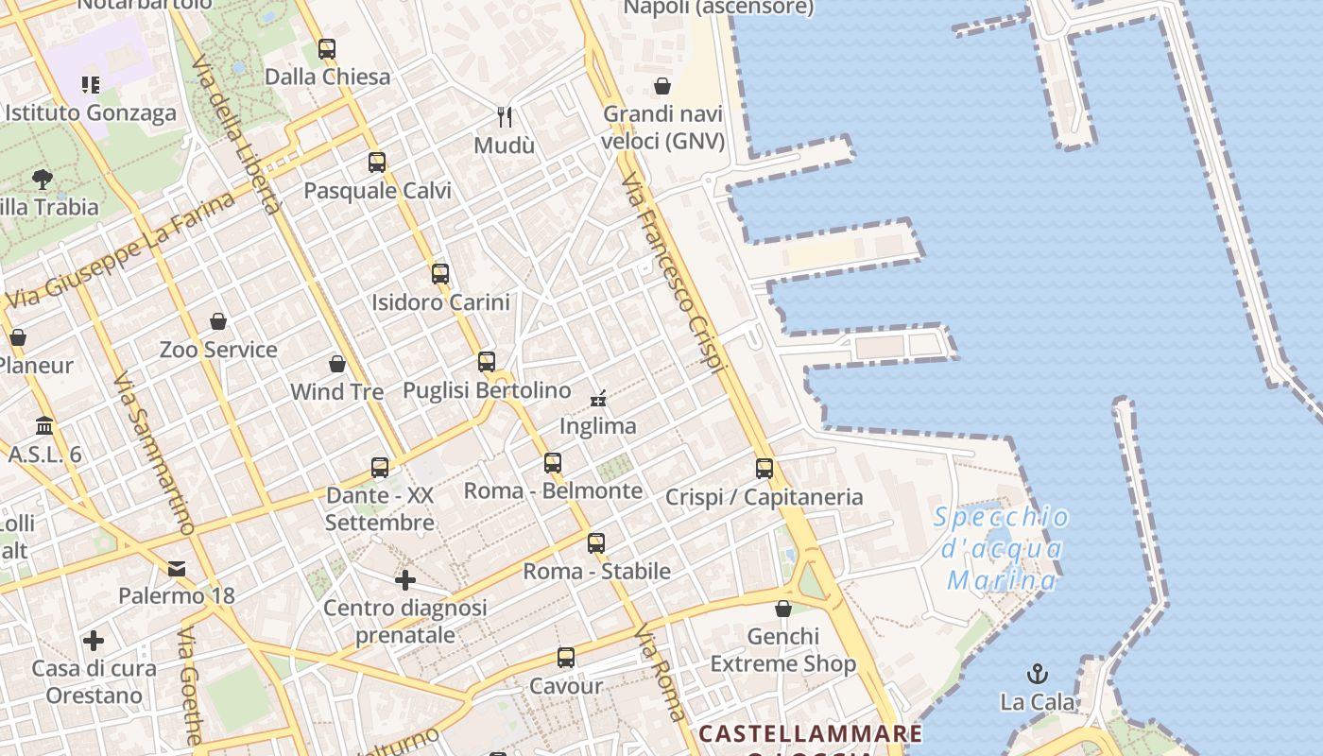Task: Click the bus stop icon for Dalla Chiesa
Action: pos(327,48)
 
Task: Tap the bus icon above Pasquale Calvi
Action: pos(377,162)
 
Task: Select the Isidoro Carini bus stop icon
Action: pos(440,274)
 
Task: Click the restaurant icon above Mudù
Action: pos(505,116)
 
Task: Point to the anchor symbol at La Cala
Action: pos(1038,674)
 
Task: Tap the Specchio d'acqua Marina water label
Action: pos(1002,548)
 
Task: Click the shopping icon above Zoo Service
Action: pos(218,321)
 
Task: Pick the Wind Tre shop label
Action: pos(336,391)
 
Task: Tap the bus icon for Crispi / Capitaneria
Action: pos(765,468)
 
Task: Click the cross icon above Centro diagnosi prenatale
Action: pos(405,579)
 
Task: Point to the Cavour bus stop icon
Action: pos(566,658)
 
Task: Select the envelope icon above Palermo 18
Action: pos(177,568)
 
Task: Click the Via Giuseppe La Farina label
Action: pos(121,251)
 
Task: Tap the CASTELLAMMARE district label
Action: pos(810,733)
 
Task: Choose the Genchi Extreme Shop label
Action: pos(783,650)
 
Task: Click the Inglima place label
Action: pos(598,426)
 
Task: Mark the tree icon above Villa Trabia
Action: pos(42,179)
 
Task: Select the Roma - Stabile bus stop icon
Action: pos(596,543)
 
